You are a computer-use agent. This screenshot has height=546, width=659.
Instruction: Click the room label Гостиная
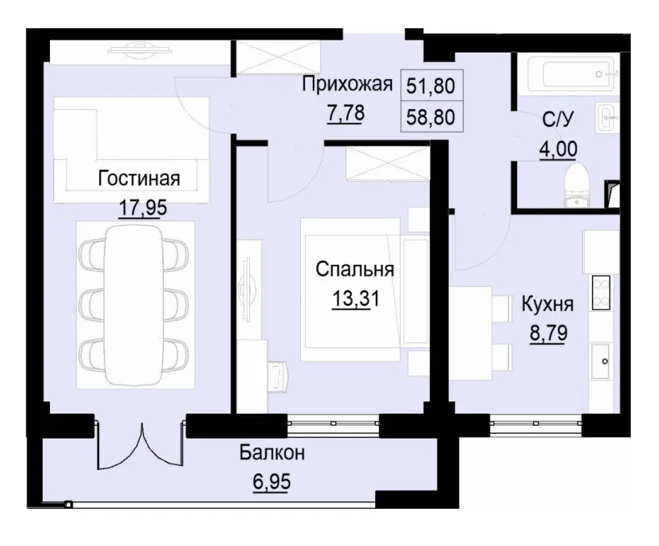tap(139, 178)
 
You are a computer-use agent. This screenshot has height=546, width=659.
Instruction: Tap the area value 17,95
tap(142, 208)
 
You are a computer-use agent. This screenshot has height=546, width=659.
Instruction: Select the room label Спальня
tap(355, 269)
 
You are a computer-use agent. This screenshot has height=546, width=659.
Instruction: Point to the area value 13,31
tap(355, 299)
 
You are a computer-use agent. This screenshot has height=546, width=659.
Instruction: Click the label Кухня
tap(548, 304)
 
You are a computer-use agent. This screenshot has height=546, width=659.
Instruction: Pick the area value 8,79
tap(548, 333)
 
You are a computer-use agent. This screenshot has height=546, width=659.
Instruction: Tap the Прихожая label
tap(347, 83)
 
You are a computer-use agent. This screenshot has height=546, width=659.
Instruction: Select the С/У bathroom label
tap(557, 121)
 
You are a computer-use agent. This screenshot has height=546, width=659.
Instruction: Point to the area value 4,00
tap(557, 149)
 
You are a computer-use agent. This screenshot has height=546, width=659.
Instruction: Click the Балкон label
tap(271, 453)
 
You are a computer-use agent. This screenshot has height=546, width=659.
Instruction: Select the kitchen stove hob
tap(601, 292)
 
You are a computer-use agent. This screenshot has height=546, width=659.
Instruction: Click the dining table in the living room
tap(135, 304)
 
